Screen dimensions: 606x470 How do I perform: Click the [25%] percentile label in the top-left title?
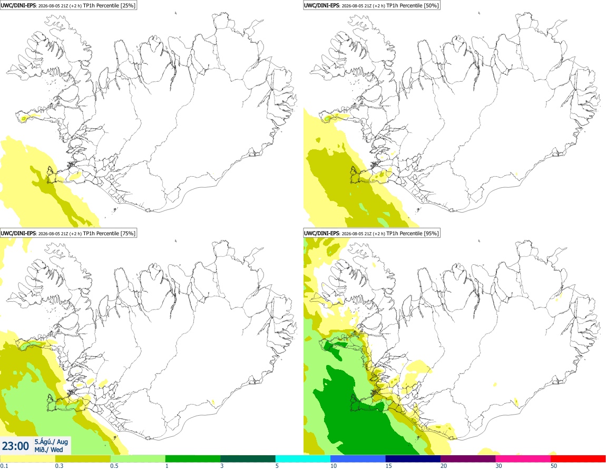128,5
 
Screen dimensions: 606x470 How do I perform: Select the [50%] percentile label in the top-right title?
431,5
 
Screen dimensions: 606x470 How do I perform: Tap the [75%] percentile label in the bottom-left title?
128,233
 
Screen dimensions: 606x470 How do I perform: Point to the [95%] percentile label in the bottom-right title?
431,233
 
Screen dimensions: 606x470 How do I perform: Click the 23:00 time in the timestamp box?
15,446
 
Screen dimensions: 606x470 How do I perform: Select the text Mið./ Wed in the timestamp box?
48,449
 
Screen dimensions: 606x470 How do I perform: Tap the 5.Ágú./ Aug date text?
51,442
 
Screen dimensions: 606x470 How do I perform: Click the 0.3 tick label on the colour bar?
59,466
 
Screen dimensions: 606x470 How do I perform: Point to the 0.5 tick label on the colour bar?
114,466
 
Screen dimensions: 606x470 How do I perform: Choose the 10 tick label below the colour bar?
334,466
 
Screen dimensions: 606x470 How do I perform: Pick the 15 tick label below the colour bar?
389,466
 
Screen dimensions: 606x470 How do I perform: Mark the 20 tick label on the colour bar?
444,466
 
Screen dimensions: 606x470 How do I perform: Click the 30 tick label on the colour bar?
499,466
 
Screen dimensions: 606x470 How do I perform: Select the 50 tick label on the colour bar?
554,466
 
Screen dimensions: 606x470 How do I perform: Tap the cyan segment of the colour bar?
303,459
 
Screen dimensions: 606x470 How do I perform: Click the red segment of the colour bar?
578,459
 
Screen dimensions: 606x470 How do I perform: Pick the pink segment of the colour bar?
523,459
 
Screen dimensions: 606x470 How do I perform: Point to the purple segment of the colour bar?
468,459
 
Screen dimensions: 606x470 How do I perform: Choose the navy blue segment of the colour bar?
413,459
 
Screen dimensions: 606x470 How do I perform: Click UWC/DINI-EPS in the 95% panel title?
322,233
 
